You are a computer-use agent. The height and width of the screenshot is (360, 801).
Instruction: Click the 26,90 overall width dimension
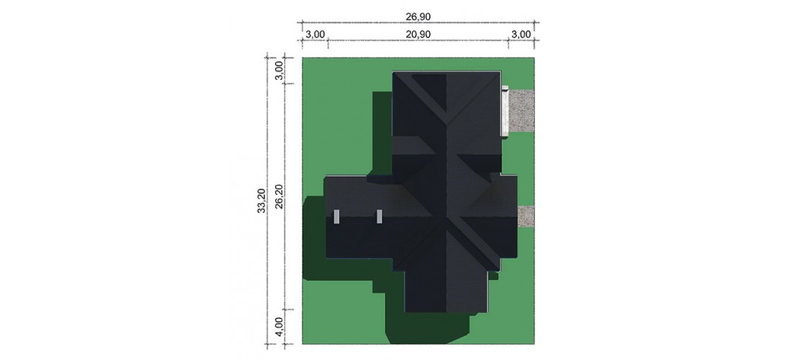[418, 17]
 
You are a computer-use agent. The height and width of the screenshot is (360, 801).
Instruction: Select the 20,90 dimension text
[418, 35]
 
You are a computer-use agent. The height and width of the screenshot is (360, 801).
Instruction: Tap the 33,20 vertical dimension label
[261, 201]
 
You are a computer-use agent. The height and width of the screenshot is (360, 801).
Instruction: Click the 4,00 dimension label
[279, 327]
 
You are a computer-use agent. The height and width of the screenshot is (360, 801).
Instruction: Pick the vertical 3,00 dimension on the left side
[279, 69]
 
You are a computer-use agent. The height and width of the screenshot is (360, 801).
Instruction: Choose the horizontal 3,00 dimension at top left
[316, 35]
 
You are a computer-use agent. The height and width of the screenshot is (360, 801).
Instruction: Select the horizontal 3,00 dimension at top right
[521, 35]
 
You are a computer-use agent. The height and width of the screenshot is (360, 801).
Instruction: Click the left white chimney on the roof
[336, 217]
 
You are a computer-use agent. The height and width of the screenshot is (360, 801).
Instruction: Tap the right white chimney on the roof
[380, 217]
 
